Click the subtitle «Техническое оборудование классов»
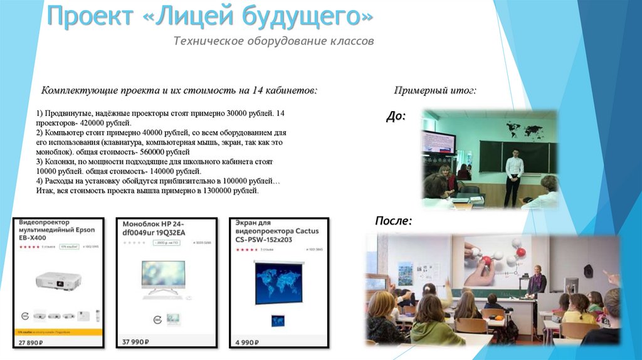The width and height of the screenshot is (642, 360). click(x=273, y=41)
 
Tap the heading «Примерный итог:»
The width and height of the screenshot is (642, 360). click(x=435, y=90)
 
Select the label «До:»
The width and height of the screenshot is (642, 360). click(x=396, y=116)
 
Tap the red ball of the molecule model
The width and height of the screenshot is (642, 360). click(x=520, y=251)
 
